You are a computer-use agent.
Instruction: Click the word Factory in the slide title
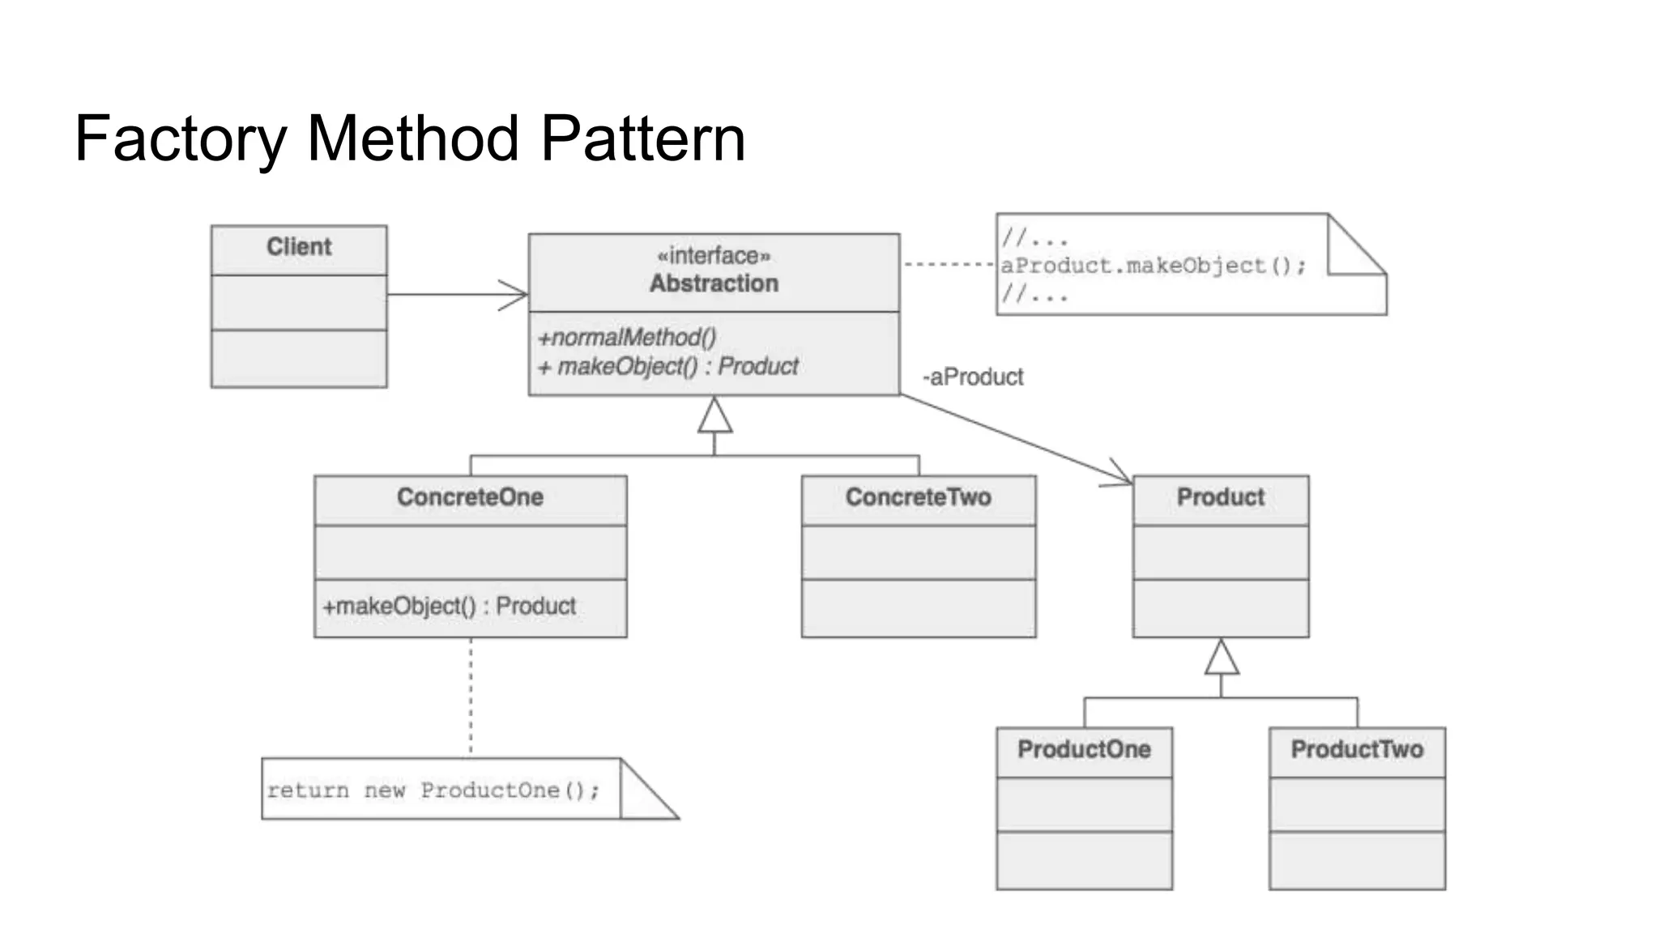[180, 139]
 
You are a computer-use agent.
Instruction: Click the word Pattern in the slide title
[642, 139]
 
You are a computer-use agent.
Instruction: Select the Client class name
[299, 247]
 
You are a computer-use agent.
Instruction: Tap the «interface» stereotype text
[714, 256]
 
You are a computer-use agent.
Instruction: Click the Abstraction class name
[714, 283]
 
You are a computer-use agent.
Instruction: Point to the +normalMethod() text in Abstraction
[627, 337]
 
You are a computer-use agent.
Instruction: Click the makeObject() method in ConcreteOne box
[450, 606]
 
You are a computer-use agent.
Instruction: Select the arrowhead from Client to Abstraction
[516, 295]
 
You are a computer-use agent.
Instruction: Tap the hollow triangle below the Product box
[1222, 658]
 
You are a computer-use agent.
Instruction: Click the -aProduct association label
[973, 377]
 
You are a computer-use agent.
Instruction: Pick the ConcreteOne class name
[470, 497]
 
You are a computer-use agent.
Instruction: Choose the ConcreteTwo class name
[918, 497]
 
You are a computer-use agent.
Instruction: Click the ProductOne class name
[1084, 749]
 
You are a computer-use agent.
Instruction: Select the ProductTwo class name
[1357, 749]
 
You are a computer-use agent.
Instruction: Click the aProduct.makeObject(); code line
[1153, 266]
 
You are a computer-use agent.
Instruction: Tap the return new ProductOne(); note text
[433, 790]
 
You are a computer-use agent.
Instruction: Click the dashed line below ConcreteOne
[471, 697]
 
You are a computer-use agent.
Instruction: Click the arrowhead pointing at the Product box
[1121, 478]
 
